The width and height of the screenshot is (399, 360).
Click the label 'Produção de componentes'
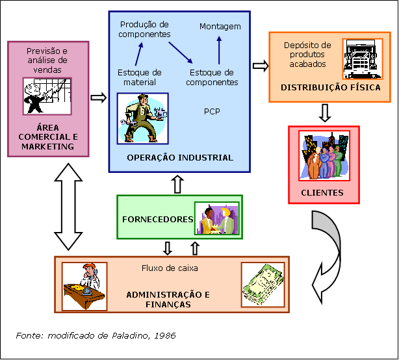click(x=145, y=29)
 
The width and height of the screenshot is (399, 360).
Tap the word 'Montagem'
click(x=220, y=27)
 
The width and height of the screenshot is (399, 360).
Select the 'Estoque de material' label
click(x=140, y=77)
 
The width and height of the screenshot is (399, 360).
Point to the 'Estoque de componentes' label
click(x=212, y=77)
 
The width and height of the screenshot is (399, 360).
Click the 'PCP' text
click(x=212, y=111)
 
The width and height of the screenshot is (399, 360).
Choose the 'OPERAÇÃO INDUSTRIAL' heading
click(x=180, y=157)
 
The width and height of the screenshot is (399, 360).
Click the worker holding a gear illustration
click(x=142, y=118)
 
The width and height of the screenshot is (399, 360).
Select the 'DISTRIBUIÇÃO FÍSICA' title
click(x=331, y=87)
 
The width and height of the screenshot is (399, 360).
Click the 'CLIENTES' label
click(x=322, y=193)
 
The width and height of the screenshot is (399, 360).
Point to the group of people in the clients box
click(x=324, y=157)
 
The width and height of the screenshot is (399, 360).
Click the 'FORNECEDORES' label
click(x=158, y=219)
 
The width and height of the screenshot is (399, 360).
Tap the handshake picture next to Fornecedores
click(x=216, y=219)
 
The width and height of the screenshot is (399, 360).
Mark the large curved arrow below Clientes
click(x=328, y=253)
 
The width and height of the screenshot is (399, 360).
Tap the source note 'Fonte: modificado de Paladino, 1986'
click(x=96, y=335)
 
